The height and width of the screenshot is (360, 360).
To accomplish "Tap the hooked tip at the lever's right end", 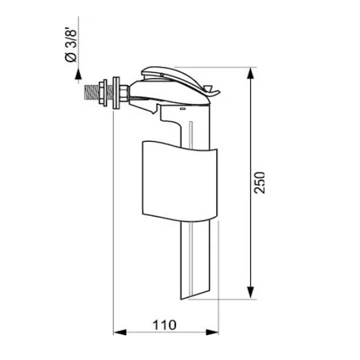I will [x=215, y=93].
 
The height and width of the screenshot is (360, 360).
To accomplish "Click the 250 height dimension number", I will [x=261, y=182].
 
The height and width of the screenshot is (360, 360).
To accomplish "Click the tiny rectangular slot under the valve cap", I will [x=182, y=109].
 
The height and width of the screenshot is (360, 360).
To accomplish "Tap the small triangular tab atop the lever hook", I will [x=208, y=85].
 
